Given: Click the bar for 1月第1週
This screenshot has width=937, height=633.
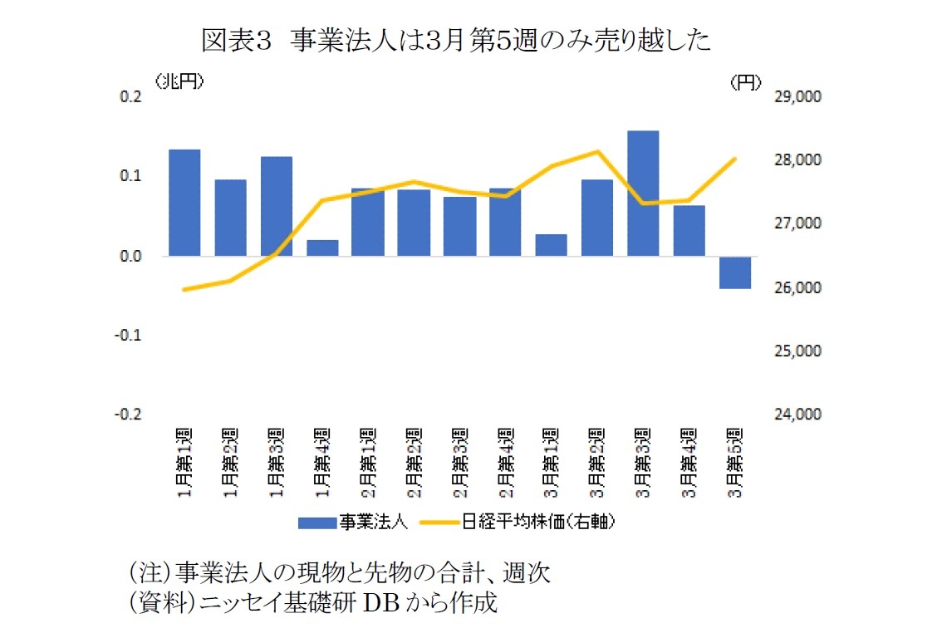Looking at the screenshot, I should (x=184, y=203).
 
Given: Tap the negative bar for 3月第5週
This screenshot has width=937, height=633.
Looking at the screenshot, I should (x=734, y=272).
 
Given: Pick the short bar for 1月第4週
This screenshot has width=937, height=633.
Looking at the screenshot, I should (x=322, y=248).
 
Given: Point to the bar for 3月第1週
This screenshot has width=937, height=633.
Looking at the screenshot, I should (x=551, y=245).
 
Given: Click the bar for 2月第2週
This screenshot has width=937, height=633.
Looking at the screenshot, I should (x=414, y=223).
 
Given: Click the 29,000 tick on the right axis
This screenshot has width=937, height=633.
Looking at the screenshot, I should (x=797, y=97).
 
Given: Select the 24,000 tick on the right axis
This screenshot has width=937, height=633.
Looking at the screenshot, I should (x=797, y=415).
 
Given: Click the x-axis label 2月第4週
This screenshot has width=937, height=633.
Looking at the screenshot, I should (x=505, y=464).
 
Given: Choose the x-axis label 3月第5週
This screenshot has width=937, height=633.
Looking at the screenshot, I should (x=734, y=464).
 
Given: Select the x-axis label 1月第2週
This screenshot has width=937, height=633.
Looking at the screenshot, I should (x=230, y=464).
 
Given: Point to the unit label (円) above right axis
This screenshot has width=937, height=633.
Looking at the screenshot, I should (x=745, y=81).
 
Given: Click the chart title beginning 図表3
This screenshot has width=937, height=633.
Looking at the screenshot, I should (x=456, y=41).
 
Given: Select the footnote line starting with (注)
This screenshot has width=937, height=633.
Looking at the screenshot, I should (x=338, y=572).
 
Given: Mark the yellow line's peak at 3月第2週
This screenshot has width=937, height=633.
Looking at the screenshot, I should (x=597, y=152).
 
